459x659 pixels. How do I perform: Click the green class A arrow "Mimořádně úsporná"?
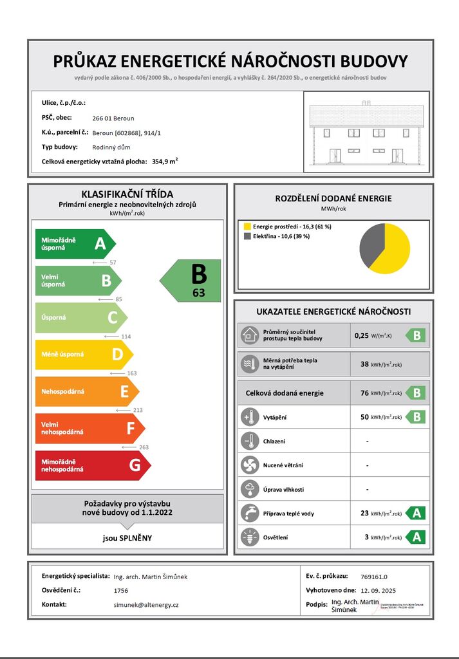(74, 244)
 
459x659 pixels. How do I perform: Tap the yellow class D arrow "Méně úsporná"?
(83, 355)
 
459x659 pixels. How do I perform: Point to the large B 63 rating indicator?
(192, 281)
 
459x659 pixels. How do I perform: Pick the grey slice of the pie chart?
(370, 243)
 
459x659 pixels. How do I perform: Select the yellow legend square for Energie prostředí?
(247, 227)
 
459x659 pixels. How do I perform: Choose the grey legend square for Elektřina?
(247, 236)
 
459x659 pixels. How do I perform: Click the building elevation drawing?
(366, 131)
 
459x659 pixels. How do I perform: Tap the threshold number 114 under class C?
(125, 337)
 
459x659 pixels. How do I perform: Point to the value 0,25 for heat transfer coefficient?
(362, 335)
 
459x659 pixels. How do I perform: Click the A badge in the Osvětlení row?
(417, 537)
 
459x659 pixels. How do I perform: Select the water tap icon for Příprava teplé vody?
(248, 513)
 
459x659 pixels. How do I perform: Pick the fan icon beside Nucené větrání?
(248, 465)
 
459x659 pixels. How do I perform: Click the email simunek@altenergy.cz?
(145, 605)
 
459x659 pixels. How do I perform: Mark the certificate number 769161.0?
(374, 577)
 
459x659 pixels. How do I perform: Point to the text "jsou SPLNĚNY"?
(127, 537)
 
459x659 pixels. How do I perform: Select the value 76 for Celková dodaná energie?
(364, 393)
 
